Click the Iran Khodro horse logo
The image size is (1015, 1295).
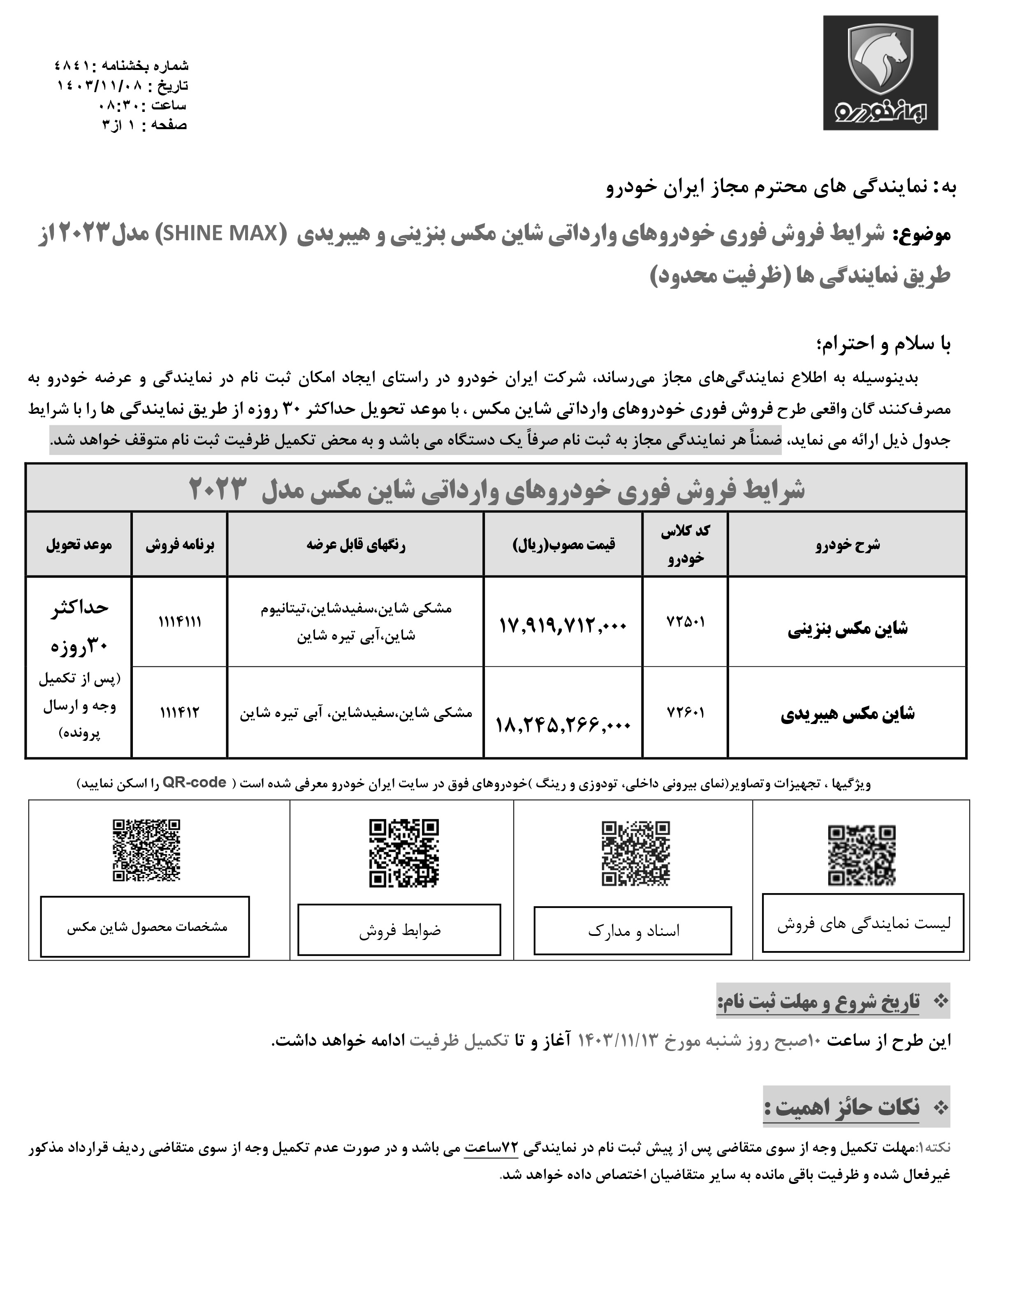tap(880, 72)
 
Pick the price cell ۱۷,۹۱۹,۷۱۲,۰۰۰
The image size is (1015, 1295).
tap(563, 625)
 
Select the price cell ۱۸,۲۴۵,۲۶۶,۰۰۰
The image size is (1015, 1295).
tap(563, 724)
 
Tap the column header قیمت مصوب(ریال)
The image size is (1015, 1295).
tap(563, 544)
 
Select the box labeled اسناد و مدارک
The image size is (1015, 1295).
tap(633, 931)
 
